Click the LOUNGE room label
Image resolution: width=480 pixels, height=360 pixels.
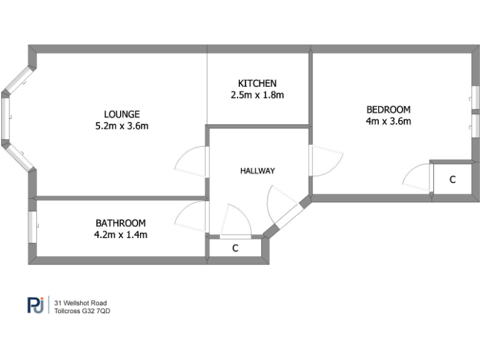click(122, 114)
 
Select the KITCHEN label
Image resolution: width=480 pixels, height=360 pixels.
click(257, 83)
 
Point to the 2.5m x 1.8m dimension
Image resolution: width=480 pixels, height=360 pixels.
click(257, 95)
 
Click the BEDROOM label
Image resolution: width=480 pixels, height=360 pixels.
click(388, 109)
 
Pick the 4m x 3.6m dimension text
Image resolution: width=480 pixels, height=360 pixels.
click(388, 121)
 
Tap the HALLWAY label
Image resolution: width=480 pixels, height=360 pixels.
click(257, 170)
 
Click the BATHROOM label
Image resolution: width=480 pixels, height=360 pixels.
click(121, 222)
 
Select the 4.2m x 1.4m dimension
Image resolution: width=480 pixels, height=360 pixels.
click(121, 234)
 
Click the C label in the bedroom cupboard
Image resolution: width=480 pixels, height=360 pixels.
click(452, 179)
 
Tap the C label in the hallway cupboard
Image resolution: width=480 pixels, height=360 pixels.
click(235, 248)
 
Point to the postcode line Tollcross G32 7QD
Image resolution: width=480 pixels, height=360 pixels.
click(82, 310)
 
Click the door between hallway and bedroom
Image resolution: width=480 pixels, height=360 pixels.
click(326, 162)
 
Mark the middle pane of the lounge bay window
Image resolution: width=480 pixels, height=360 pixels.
click(6, 119)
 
